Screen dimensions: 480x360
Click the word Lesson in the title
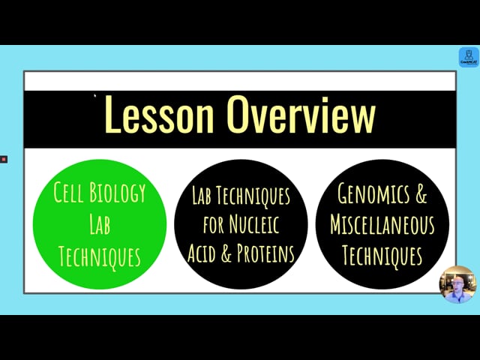click(x=159, y=114)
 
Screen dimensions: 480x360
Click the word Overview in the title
click(x=301, y=114)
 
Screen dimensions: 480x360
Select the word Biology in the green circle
click(x=118, y=193)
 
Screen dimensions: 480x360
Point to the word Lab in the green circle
click(x=100, y=224)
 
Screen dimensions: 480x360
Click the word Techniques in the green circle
click(x=100, y=256)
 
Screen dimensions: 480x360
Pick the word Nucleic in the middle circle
click(x=254, y=224)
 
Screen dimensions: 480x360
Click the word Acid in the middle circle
click(x=202, y=253)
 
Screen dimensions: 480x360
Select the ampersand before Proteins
click(x=226, y=253)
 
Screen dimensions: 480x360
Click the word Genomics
click(x=373, y=194)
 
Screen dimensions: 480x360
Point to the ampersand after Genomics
click(x=421, y=194)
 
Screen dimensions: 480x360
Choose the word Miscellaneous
click(x=382, y=224)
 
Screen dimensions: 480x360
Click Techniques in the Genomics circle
click(x=382, y=256)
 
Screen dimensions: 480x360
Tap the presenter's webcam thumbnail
click(x=458, y=284)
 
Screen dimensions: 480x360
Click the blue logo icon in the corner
click(x=469, y=57)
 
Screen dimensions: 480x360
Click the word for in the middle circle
click(x=214, y=225)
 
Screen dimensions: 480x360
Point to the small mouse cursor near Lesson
click(x=95, y=96)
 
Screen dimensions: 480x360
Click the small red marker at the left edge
click(x=4, y=159)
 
